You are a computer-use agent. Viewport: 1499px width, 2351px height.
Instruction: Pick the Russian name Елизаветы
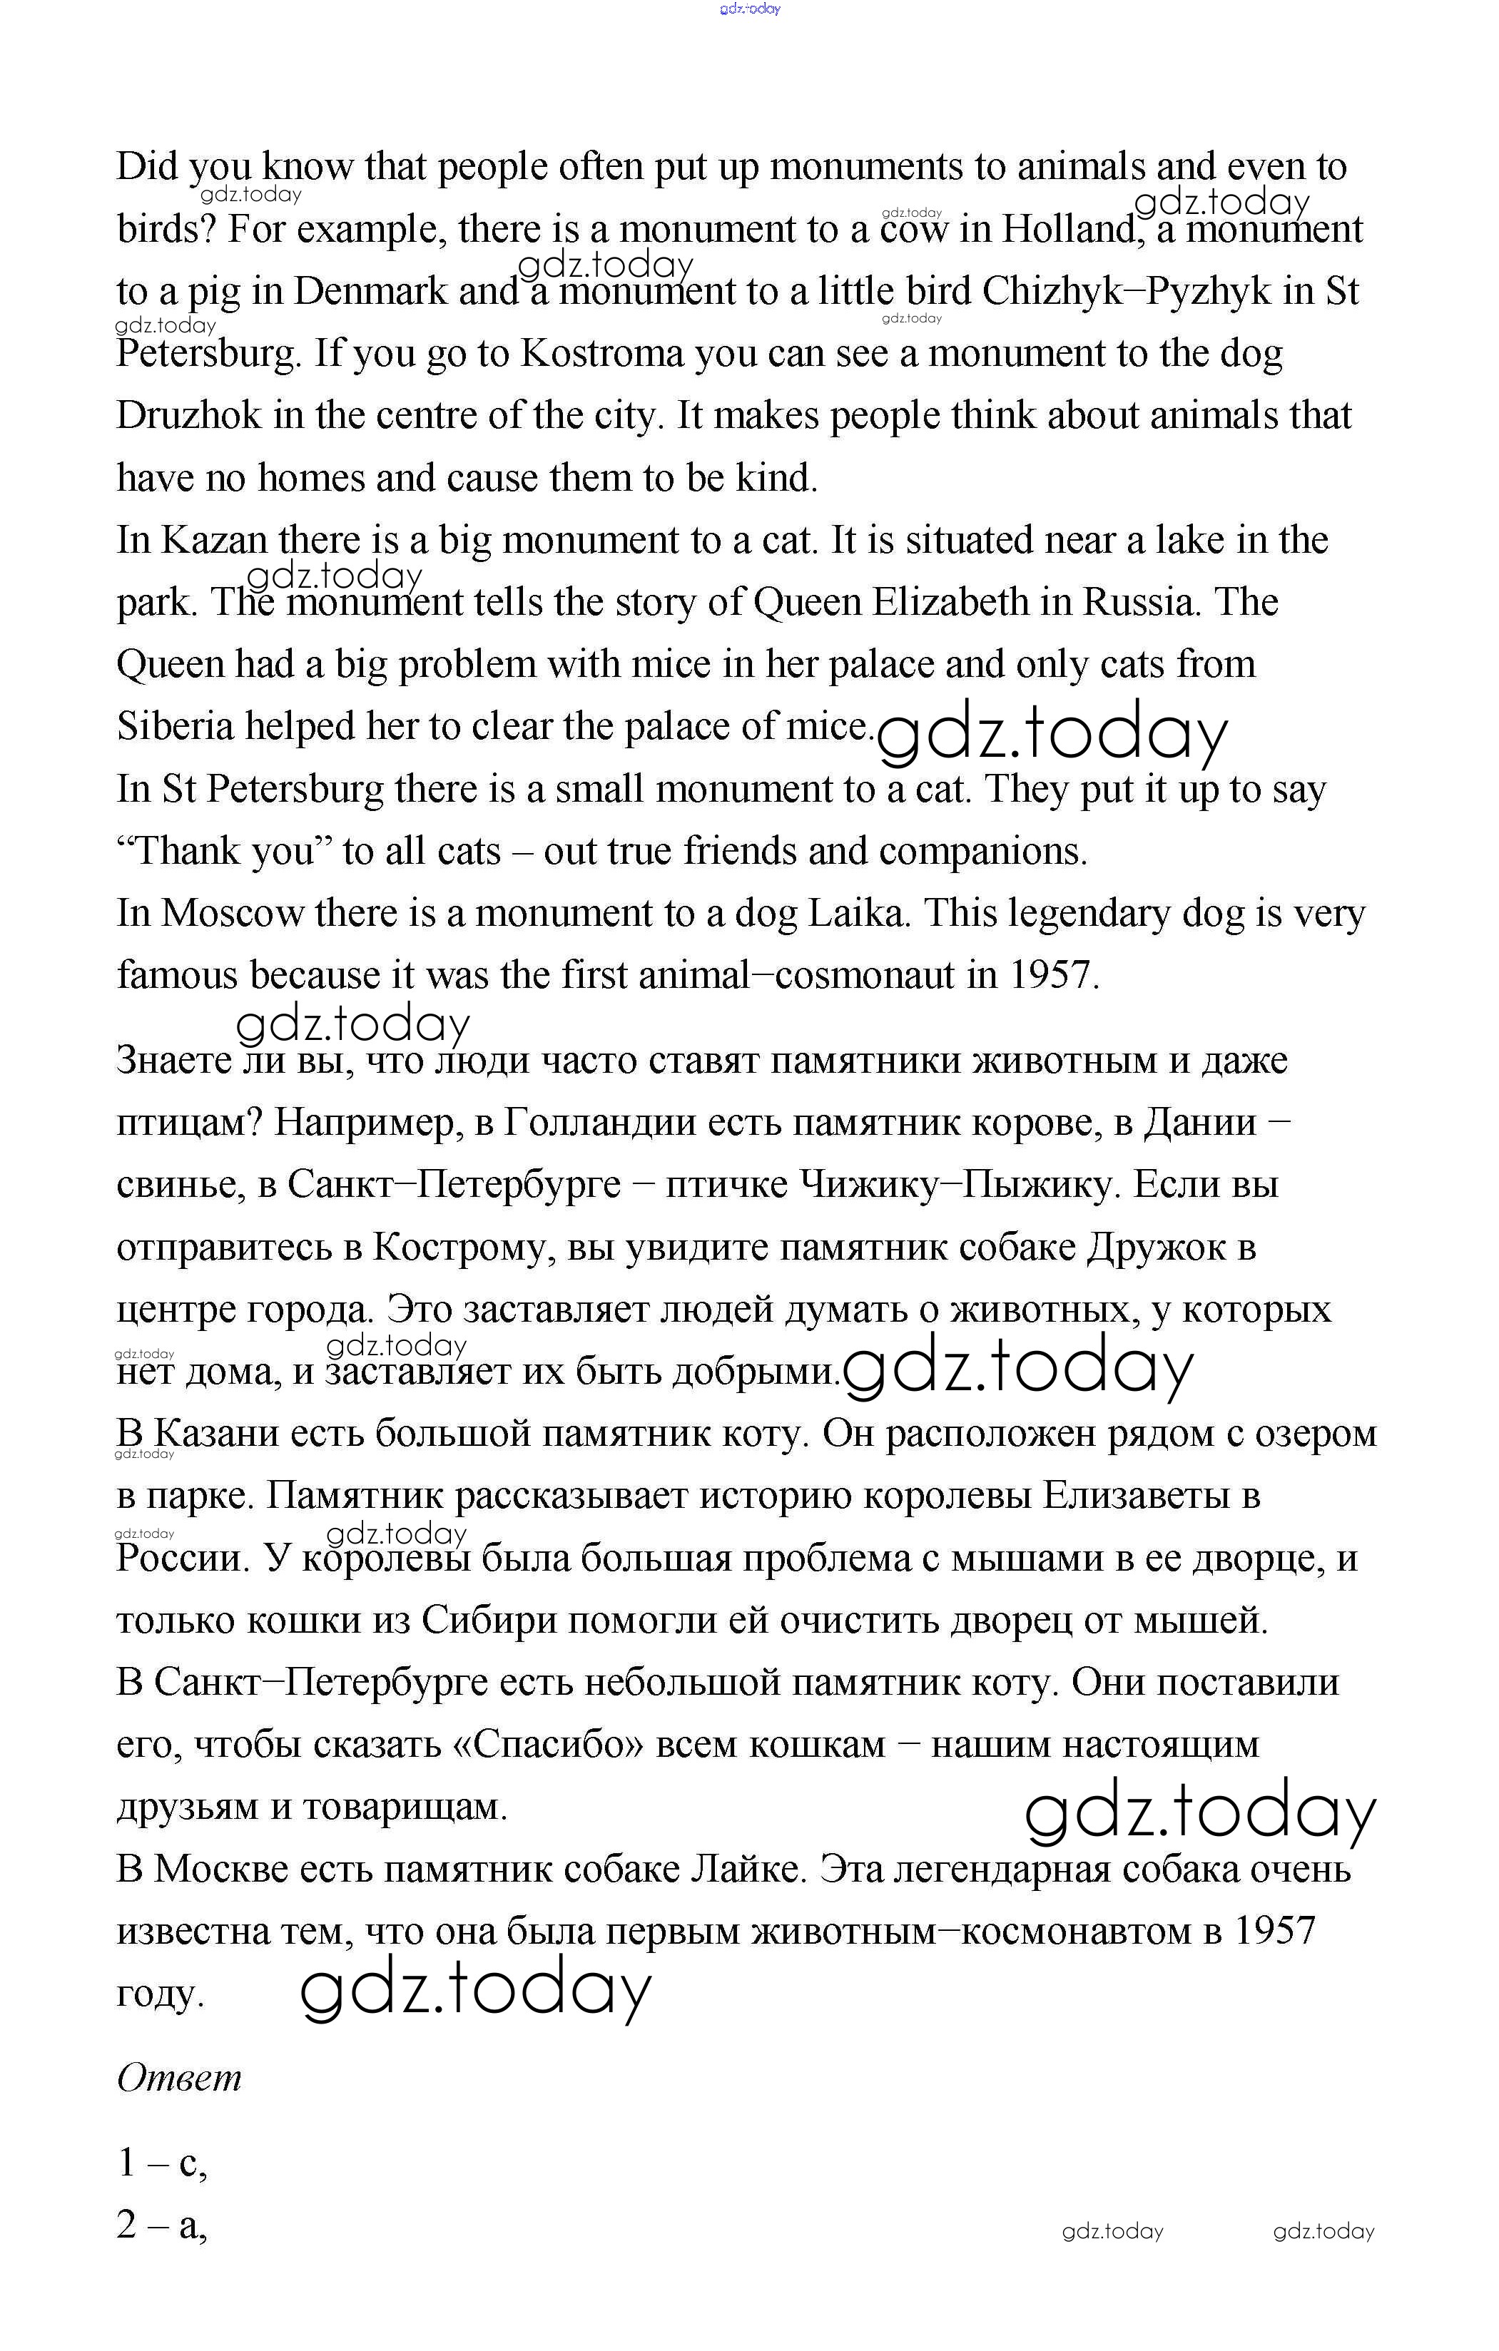pyautogui.click(x=1133, y=1496)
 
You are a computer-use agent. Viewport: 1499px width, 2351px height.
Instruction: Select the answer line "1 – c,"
pyautogui.click(x=162, y=2163)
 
